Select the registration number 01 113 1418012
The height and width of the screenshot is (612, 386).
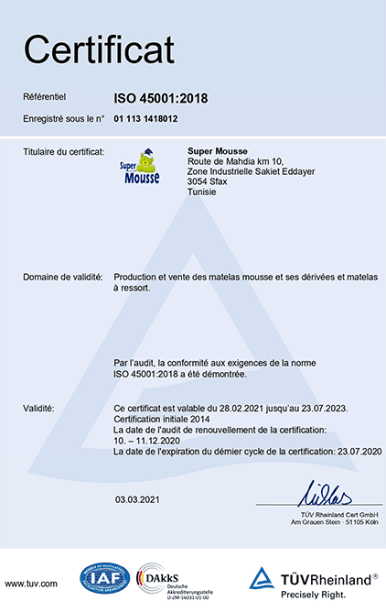(145, 119)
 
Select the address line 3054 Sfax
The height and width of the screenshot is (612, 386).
(207, 181)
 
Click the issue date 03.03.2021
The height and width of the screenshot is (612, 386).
(138, 499)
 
